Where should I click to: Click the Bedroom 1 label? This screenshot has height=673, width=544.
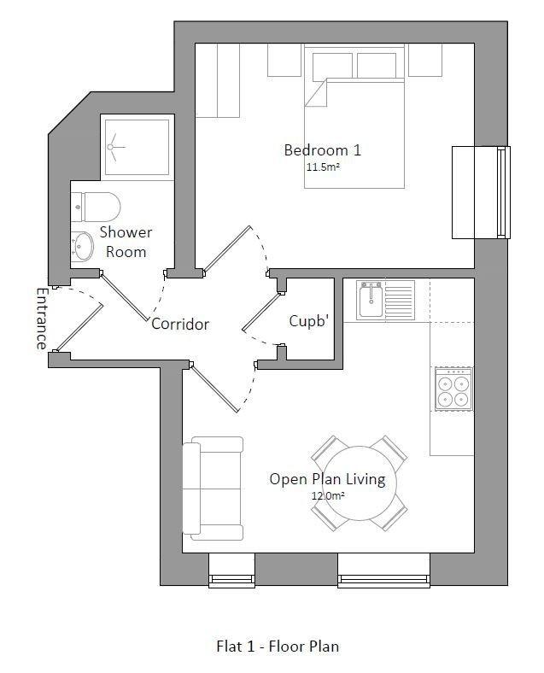(323, 150)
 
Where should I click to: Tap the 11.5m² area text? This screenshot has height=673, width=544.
(323, 167)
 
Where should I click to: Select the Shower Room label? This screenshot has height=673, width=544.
(126, 242)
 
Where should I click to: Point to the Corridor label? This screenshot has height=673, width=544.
(180, 324)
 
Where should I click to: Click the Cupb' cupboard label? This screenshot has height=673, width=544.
(309, 320)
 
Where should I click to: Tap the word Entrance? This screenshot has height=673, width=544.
(41, 319)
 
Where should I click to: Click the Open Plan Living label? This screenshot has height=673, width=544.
(327, 479)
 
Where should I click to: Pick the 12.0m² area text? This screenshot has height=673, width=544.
(328, 495)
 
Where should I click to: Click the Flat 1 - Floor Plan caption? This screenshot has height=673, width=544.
(278, 646)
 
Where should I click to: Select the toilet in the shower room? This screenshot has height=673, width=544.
(96, 207)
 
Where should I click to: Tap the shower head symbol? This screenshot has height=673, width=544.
(114, 147)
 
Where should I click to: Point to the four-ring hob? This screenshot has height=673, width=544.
(453, 389)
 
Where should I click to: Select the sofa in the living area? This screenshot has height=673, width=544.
(213, 489)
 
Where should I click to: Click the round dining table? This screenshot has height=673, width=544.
(360, 483)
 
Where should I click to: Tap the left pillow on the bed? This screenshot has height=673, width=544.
(332, 66)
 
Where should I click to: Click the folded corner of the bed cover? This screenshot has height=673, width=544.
(316, 92)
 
